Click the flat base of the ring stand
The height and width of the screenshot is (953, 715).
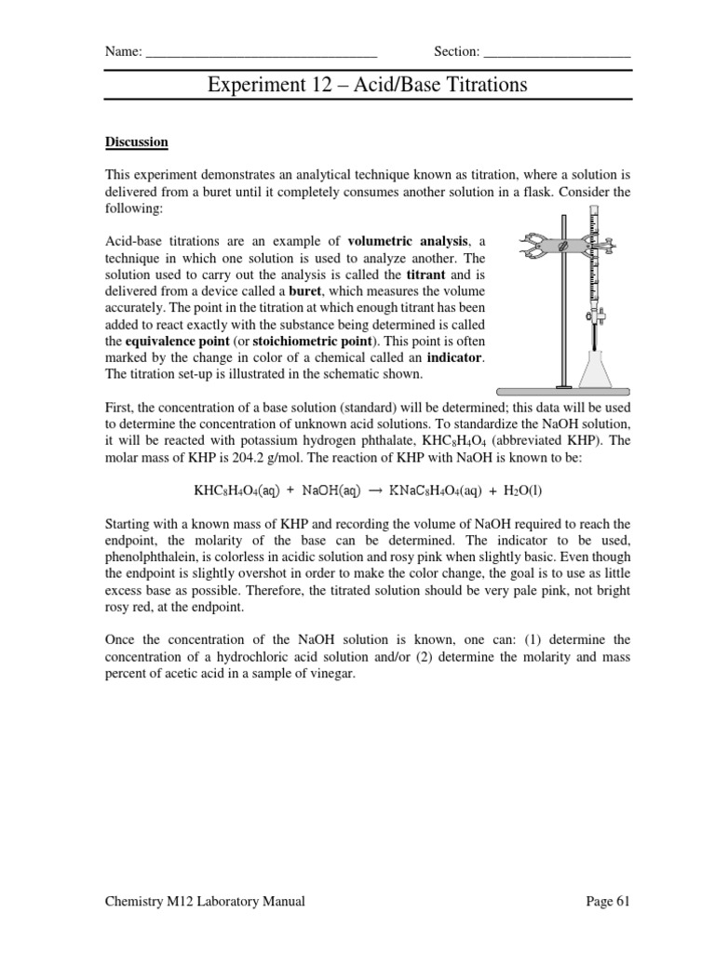pos(561,387)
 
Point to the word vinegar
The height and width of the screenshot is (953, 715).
pos(332,673)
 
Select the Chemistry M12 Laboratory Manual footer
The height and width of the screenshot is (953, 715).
pos(204,901)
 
